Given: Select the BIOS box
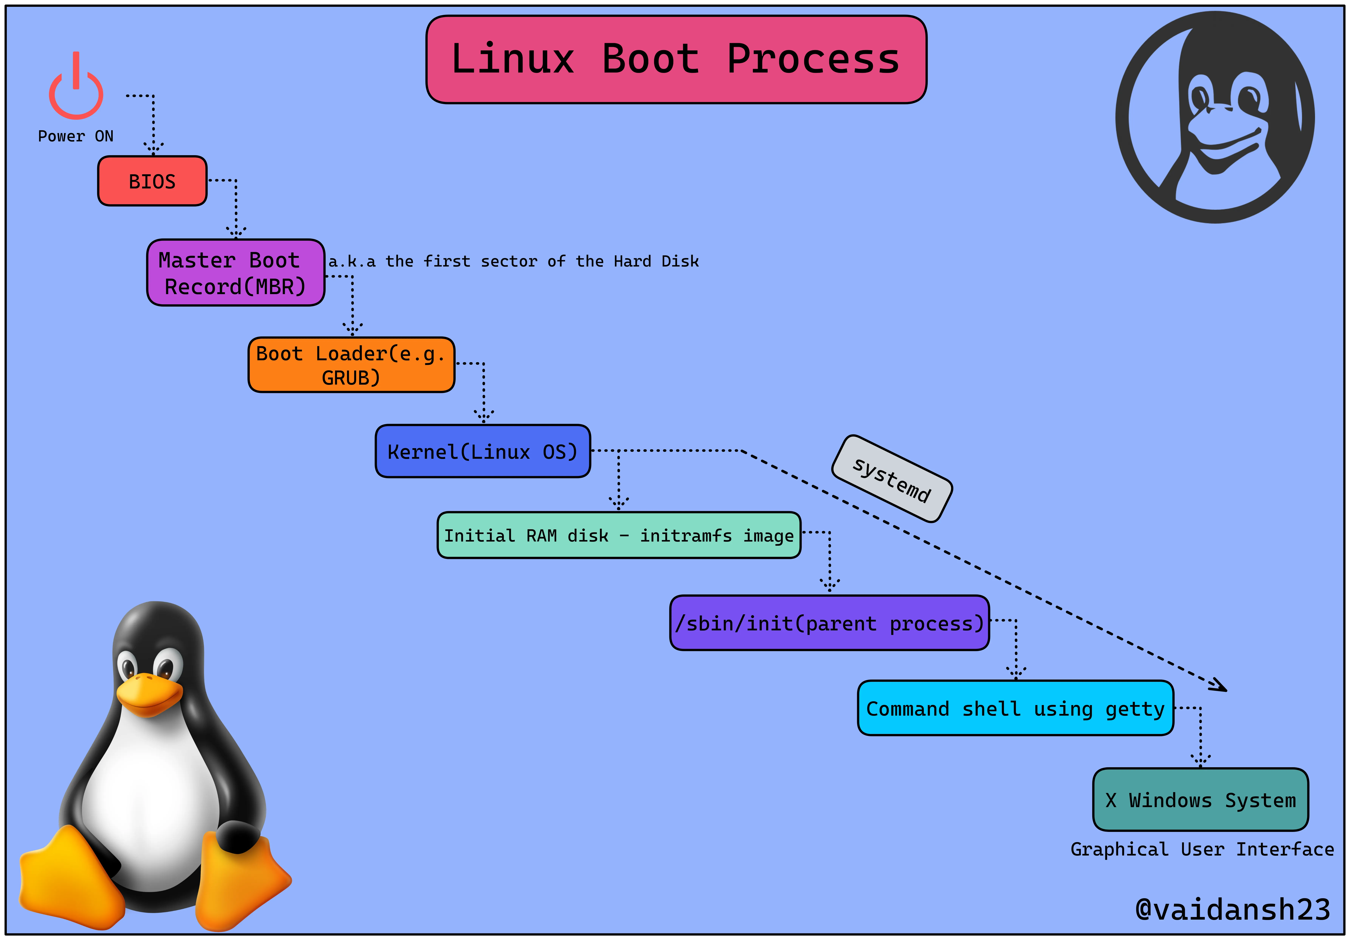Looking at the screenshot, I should point(152,181).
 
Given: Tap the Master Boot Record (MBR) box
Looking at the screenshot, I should point(235,273).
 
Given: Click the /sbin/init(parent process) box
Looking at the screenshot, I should point(829,623).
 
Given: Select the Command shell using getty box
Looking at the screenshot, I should point(1016,708).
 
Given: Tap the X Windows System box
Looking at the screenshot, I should point(1200,800).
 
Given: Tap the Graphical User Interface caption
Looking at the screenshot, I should point(1202,849).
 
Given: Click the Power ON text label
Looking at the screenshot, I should point(76,136).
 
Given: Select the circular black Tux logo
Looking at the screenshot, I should point(1215,117).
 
